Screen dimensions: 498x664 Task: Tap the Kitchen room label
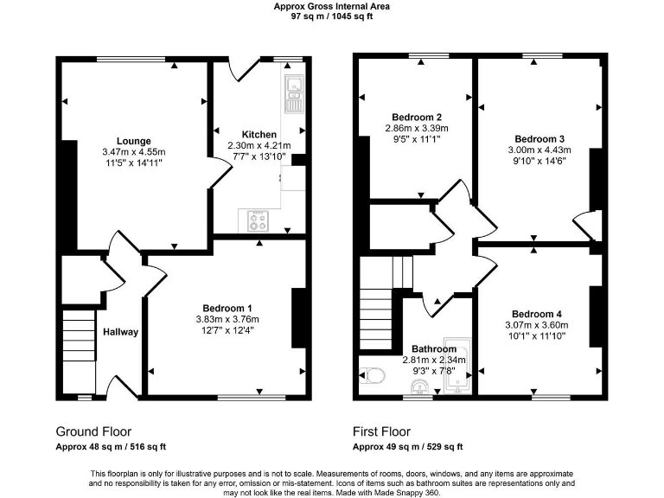click(259, 134)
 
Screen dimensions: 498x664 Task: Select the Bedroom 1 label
click(227, 309)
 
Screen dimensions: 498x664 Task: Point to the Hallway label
click(121, 332)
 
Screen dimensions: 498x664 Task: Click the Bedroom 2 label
click(417, 118)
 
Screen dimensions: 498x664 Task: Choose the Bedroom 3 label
click(539, 138)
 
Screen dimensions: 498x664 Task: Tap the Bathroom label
click(434, 349)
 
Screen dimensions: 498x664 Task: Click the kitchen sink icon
click(293, 93)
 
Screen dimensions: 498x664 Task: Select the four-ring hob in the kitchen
click(258, 221)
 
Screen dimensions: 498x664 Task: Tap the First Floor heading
click(381, 431)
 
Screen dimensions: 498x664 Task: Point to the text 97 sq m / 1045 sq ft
click(332, 16)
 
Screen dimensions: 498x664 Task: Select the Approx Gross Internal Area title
click(332, 6)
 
